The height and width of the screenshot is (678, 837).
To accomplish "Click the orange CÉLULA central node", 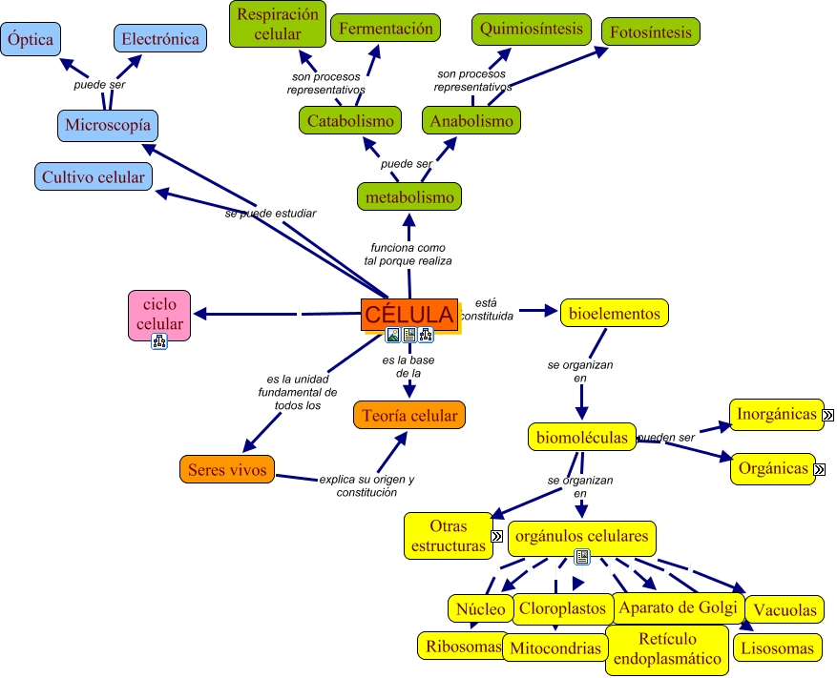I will click(409, 314).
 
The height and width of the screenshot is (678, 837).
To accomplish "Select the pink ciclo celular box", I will click(159, 314).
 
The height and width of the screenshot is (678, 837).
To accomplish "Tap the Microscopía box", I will click(107, 125).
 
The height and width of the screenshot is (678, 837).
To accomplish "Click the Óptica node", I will click(30, 39).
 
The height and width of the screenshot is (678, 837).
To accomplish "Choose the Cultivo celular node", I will click(93, 177).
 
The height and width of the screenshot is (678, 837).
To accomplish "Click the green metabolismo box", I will click(409, 197).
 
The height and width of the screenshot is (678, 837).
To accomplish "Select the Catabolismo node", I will click(350, 121).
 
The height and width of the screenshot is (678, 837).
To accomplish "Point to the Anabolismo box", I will click(471, 121).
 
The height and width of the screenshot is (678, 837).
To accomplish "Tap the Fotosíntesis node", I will click(651, 31).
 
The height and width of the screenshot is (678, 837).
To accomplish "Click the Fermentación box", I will click(386, 29).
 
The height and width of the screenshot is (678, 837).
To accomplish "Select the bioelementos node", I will click(614, 313).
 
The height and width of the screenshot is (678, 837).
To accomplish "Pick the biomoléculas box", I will click(581, 438).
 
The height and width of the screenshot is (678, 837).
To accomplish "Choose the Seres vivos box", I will click(227, 469).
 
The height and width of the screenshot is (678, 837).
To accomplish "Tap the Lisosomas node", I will click(777, 648).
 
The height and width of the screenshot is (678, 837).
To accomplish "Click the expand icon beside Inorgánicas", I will click(828, 415).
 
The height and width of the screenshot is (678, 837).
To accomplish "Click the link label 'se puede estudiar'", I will click(270, 213).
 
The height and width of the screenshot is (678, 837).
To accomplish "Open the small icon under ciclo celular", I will click(159, 341).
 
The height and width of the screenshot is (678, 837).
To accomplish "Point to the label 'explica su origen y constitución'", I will click(366, 485).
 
